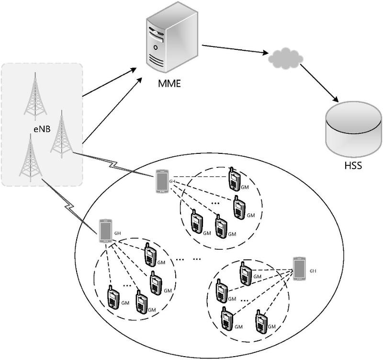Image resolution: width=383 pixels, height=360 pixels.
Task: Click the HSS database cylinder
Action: pos(352,129)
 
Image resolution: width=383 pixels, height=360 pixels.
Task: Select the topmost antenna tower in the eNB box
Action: pos(36,95)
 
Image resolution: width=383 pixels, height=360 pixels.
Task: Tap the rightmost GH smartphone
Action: pos(300,269)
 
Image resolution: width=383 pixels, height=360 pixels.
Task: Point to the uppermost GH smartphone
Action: pos(162,182)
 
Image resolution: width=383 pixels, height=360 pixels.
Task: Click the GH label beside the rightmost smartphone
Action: pos(313,271)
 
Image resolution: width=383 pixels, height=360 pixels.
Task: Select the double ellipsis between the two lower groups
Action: pos(189,258)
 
